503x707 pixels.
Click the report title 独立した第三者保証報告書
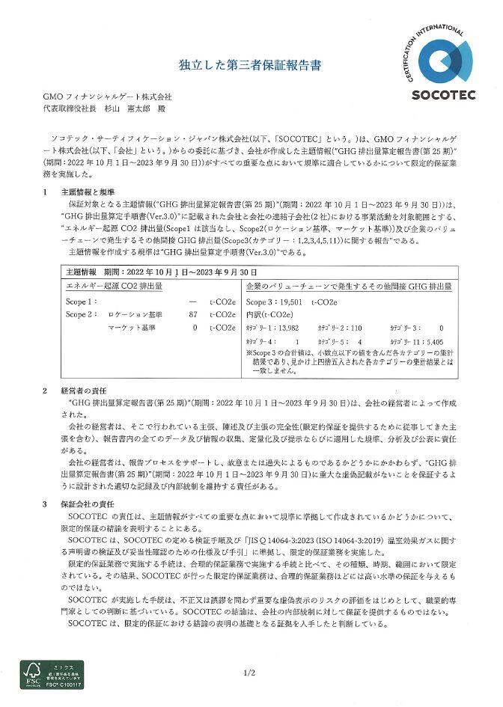click(250, 66)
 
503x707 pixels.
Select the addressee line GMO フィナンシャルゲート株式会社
click(108, 97)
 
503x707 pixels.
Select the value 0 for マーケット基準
click(195, 327)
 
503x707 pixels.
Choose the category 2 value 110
click(356, 328)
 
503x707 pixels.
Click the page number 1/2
click(249, 673)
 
